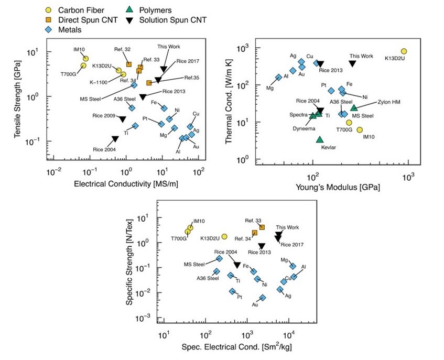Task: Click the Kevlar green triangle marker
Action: click(x=320, y=139)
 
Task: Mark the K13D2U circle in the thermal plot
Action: click(x=404, y=51)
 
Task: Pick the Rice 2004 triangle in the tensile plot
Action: click(x=115, y=139)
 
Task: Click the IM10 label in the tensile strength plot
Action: click(x=79, y=49)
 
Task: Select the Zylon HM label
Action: click(x=388, y=102)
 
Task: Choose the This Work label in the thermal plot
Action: click(x=361, y=56)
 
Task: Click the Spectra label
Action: click(x=298, y=114)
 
